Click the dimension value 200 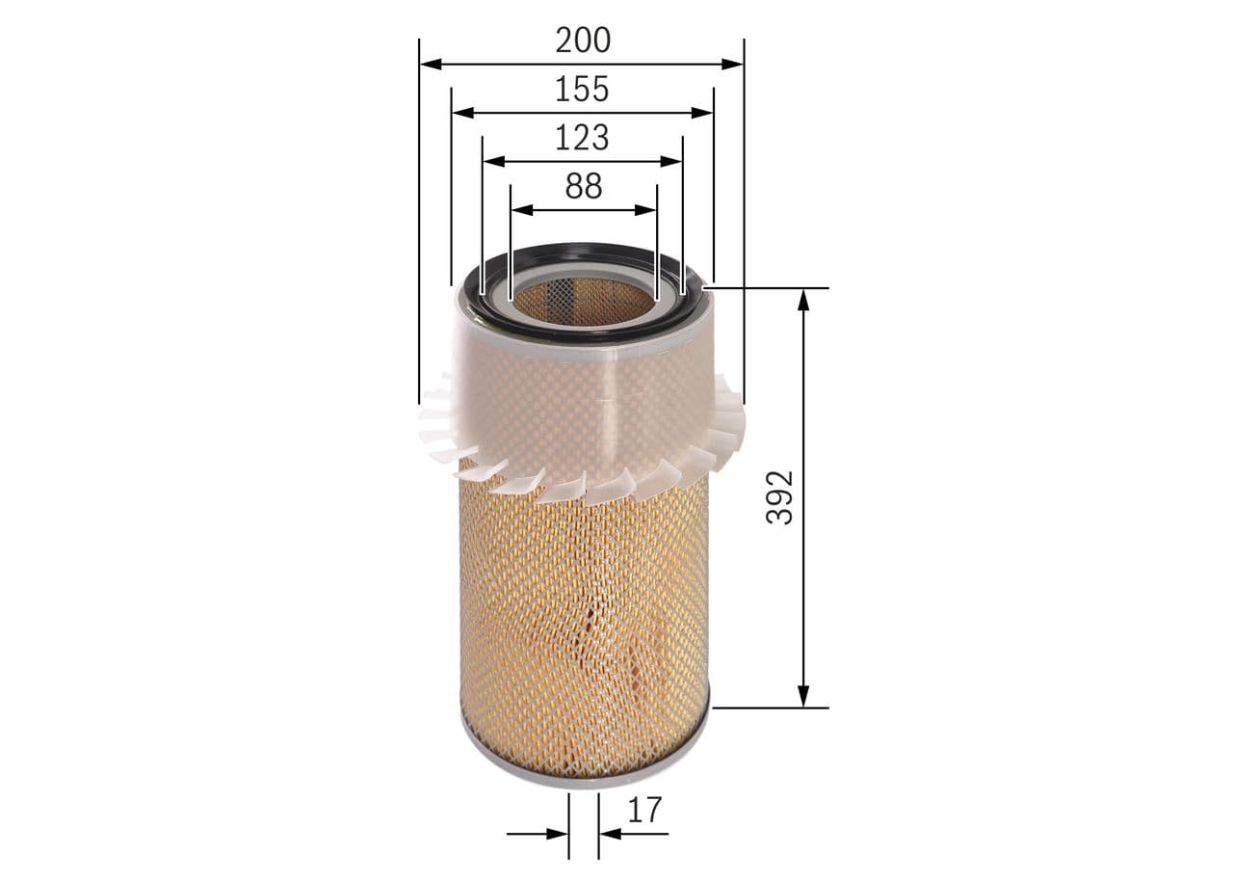tap(583, 40)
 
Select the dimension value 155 tap(582, 89)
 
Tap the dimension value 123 tap(582, 138)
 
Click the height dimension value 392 tap(779, 497)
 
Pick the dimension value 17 tap(644, 810)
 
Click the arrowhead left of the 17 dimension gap tap(558, 834)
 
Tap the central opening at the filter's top tap(582, 299)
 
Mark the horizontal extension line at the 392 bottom tap(771, 707)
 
